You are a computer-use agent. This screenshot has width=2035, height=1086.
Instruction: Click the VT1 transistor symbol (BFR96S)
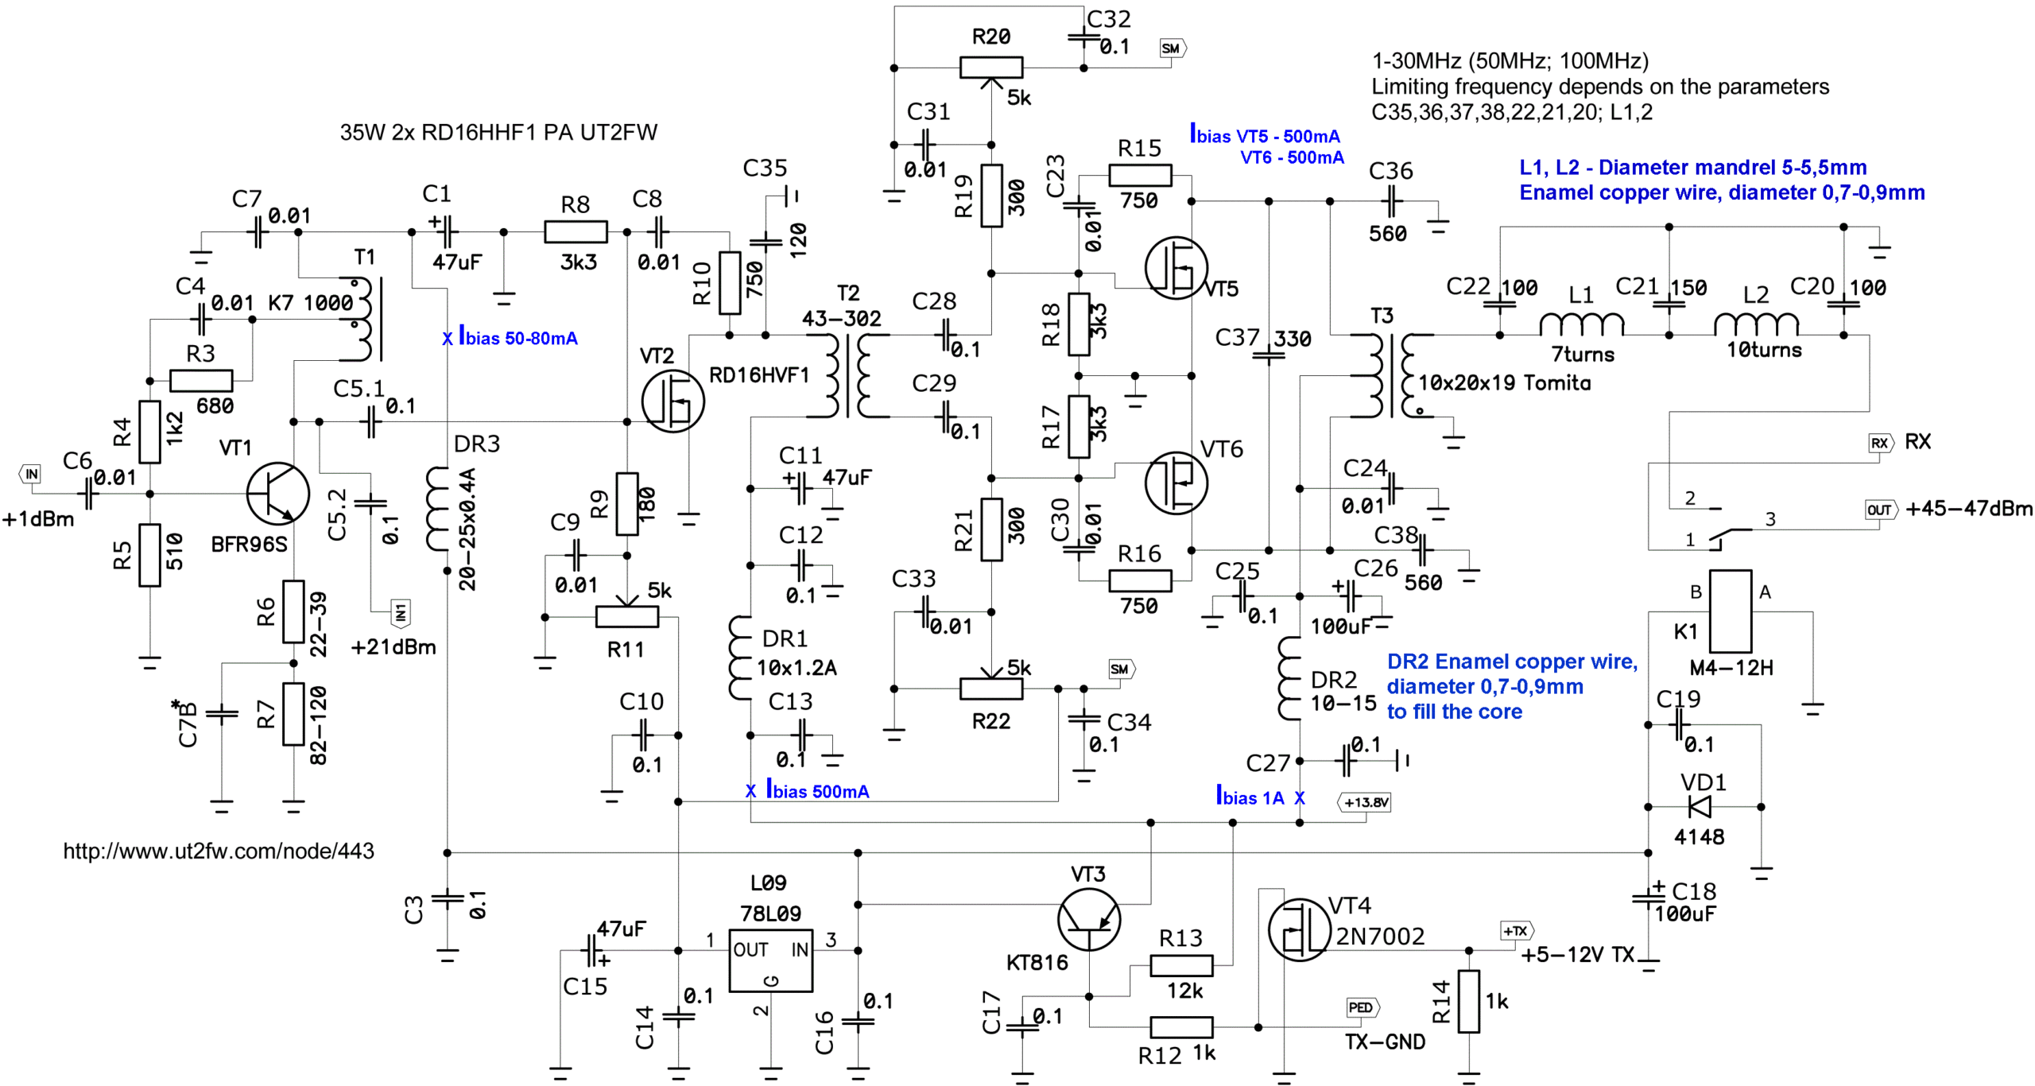(x=277, y=493)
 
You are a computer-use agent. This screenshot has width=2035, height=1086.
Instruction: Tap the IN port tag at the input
(x=30, y=475)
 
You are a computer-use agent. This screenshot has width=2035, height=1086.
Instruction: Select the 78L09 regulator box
(x=769, y=960)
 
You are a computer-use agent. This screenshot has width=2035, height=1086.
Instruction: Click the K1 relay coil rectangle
(x=1730, y=611)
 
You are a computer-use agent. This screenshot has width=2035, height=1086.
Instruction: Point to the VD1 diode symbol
(x=1700, y=806)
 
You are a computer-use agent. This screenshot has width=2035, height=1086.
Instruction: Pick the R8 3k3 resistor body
(x=576, y=231)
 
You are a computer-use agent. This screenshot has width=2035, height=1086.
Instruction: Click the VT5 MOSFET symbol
(x=1176, y=268)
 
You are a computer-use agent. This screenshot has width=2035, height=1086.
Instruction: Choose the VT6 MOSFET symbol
(x=1176, y=483)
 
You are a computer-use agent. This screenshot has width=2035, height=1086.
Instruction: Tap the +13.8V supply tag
(x=1364, y=802)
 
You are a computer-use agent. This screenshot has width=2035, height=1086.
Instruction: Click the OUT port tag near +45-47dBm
(x=1881, y=510)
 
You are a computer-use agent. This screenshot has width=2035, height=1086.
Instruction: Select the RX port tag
(x=1881, y=443)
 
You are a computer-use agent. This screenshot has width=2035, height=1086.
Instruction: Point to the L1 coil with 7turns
(x=1581, y=324)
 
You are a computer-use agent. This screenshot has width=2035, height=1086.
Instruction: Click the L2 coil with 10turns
(x=1755, y=324)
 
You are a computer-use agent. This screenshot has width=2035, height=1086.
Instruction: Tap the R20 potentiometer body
(x=990, y=68)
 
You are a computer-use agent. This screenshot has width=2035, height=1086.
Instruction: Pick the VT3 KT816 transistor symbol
(x=1089, y=919)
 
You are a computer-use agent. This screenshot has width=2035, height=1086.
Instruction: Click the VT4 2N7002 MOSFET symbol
(x=1299, y=929)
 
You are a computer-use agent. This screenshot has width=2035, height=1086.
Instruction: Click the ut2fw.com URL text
(x=219, y=851)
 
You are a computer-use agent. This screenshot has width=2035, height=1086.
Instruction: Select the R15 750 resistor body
(x=1140, y=176)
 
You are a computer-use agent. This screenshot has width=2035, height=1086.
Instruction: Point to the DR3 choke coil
(x=437, y=509)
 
